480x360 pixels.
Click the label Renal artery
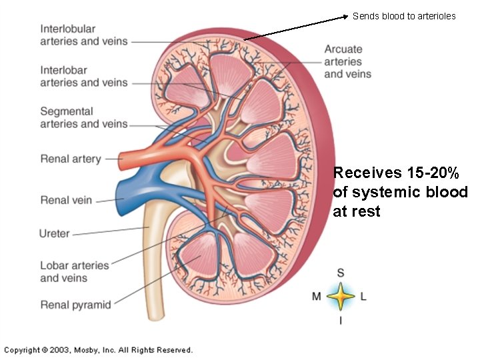(x=71, y=159)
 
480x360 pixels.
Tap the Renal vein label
(x=65, y=200)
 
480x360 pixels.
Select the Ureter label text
(x=55, y=233)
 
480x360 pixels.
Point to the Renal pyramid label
(x=75, y=305)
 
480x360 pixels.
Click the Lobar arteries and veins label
(x=74, y=271)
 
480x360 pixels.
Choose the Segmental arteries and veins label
(x=83, y=117)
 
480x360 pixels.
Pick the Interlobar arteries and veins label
(x=83, y=77)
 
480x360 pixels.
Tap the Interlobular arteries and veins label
(x=83, y=35)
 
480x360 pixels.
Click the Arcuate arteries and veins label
(x=347, y=61)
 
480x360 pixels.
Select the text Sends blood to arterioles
(x=404, y=16)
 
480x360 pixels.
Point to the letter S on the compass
(x=341, y=273)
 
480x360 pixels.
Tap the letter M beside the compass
(x=317, y=296)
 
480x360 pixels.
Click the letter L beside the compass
(x=363, y=296)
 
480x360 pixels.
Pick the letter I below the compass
(x=341, y=321)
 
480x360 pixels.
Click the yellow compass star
(x=341, y=297)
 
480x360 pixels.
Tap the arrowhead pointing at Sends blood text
(x=345, y=15)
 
